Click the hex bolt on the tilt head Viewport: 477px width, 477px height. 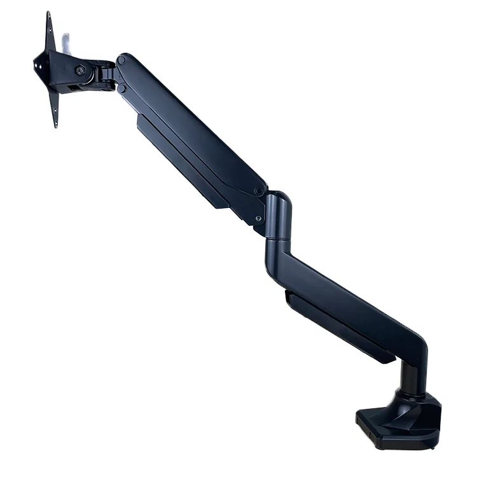point(81,71)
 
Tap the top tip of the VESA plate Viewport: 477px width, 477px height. point(48,14)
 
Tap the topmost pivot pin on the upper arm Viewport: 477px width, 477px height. point(121,60)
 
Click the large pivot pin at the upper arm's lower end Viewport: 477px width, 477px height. point(259,190)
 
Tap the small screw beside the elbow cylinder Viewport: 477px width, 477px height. point(258,219)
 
